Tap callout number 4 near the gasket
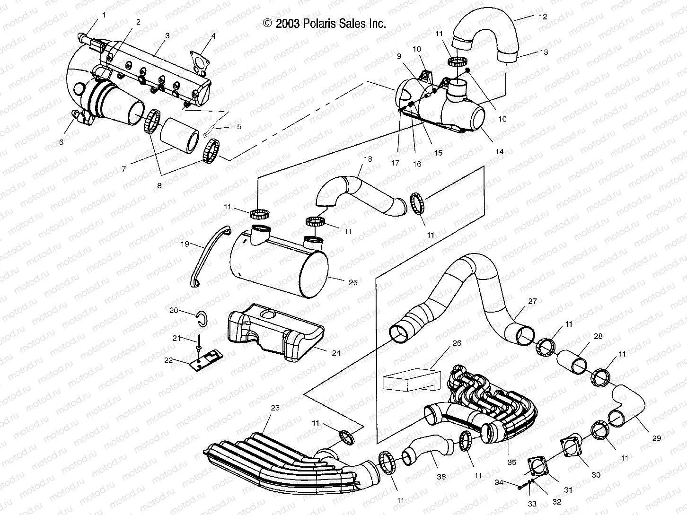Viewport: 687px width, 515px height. [213, 36]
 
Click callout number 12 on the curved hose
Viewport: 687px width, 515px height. [543, 17]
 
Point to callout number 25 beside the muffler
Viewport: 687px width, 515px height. [353, 283]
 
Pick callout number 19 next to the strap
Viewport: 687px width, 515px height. [185, 244]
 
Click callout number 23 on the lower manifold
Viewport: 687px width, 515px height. [275, 407]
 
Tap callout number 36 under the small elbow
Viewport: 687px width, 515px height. [441, 477]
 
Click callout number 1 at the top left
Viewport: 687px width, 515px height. [104, 15]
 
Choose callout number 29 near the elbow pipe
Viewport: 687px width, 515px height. [656, 438]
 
